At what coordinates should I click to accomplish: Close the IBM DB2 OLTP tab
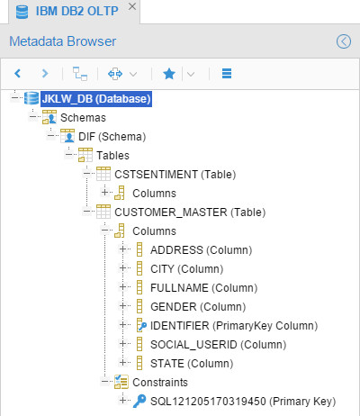click(x=132, y=6)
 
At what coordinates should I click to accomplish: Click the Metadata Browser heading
click(x=63, y=41)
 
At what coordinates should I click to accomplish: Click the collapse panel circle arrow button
click(x=344, y=41)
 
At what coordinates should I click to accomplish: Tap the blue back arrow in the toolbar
click(x=18, y=73)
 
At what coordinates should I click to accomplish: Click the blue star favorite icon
click(x=169, y=74)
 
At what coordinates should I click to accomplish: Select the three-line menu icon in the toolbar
click(x=227, y=74)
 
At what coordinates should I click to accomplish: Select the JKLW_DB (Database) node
click(x=96, y=99)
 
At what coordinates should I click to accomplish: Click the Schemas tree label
click(x=83, y=118)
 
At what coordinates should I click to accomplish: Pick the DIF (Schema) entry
click(x=112, y=137)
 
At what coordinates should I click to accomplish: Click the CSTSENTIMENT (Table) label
click(x=175, y=175)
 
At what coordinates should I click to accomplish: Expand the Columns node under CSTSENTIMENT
click(x=104, y=192)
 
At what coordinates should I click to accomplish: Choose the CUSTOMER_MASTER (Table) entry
click(x=190, y=213)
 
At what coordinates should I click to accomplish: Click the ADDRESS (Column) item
click(x=201, y=250)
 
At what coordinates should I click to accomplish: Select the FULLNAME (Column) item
click(x=203, y=288)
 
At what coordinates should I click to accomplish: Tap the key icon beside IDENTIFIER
click(x=141, y=325)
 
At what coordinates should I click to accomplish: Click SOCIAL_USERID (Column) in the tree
click(x=218, y=345)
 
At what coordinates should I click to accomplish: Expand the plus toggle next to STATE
click(x=122, y=362)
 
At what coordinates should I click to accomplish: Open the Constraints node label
click(x=160, y=383)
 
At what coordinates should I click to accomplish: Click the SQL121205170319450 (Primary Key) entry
click(x=243, y=402)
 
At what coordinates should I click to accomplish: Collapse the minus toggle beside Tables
click(x=69, y=154)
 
